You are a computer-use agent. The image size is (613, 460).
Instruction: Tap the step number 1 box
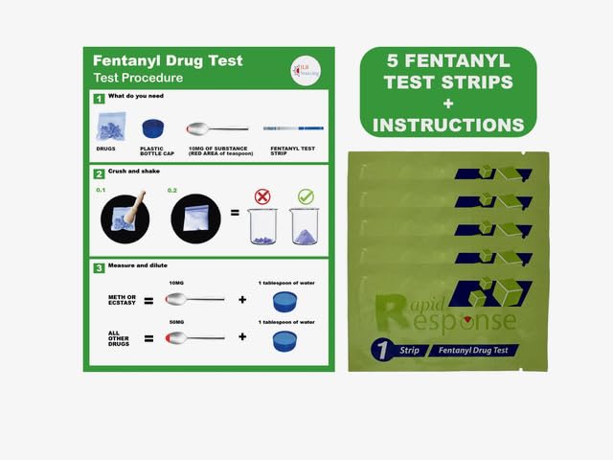pos(99,99)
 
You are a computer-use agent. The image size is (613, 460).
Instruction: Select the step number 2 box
pos(99,174)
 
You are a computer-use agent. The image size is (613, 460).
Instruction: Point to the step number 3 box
pos(99,268)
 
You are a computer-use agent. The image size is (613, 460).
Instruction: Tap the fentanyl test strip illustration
pos(292,127)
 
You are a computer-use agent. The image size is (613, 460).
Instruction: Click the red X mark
pos(262,195)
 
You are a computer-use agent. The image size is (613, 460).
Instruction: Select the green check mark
pos(306,195)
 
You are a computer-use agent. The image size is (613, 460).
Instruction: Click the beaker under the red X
pos(262,227)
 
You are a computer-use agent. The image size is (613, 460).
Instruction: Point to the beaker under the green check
pos(306,227)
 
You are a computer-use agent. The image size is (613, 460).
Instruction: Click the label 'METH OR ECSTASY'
pos(122,301)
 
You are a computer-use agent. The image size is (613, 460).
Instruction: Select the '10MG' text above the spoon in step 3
pos(175,284)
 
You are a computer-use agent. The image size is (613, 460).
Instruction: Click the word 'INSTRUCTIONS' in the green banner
pos(448,124)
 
